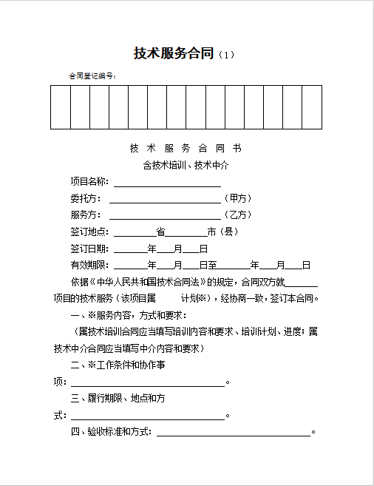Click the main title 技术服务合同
pyautogui.click(x=174, y=53)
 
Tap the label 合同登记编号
pyautogui.click(x=92, y=75)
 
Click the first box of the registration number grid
pyautogui.click(x=61, y=107)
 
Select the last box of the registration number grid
pyautogui.click(x=312, y=107)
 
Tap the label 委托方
pyautogui.click(x=85, y=198)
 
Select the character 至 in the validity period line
pyautogui.click(x=212, y=265)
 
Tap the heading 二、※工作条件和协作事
pyautogui.click(x=118, y=365)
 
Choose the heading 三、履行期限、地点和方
pyautogui.click(x=118, y=398)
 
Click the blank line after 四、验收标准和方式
pyautogui.click(x=234, y=433)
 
